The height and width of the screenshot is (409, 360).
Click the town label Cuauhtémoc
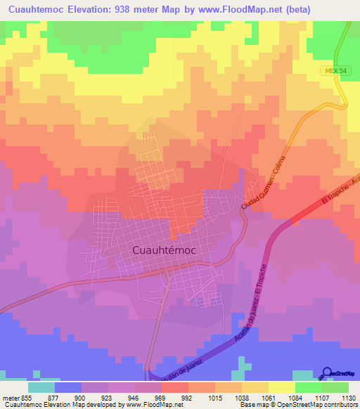coord(164,249)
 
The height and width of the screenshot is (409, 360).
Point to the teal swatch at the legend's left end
coord(41,386)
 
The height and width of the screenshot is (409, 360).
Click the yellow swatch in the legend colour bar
coord(281,386)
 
